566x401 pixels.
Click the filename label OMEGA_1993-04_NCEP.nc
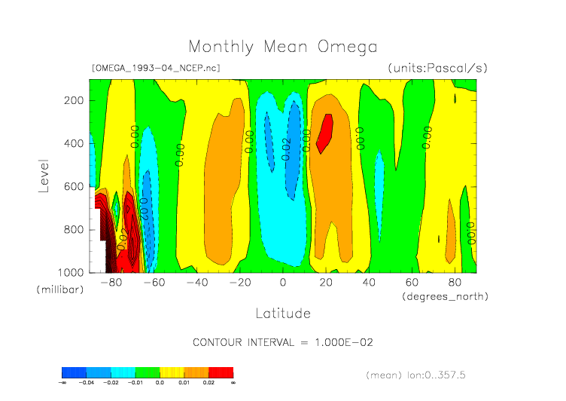point(156,68)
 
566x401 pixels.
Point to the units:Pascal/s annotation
point(437,68)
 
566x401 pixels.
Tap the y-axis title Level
point(44,174)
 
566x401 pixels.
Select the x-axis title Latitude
point(283,312)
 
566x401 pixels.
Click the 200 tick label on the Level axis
point(73,100)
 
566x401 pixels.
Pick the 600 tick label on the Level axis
point(73,186)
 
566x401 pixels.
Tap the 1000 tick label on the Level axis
point(71,272)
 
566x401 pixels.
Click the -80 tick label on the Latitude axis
point(111,283)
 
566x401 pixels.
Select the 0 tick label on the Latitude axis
point(283,283)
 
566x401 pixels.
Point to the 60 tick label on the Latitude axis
point(412,283)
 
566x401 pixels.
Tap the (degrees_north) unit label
point(445,296)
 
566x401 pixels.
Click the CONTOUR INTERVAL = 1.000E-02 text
point(283,342)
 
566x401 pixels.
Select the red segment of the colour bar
point(221,372)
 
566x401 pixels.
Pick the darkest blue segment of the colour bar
point(74,372)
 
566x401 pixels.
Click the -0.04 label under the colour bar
point(87,382)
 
